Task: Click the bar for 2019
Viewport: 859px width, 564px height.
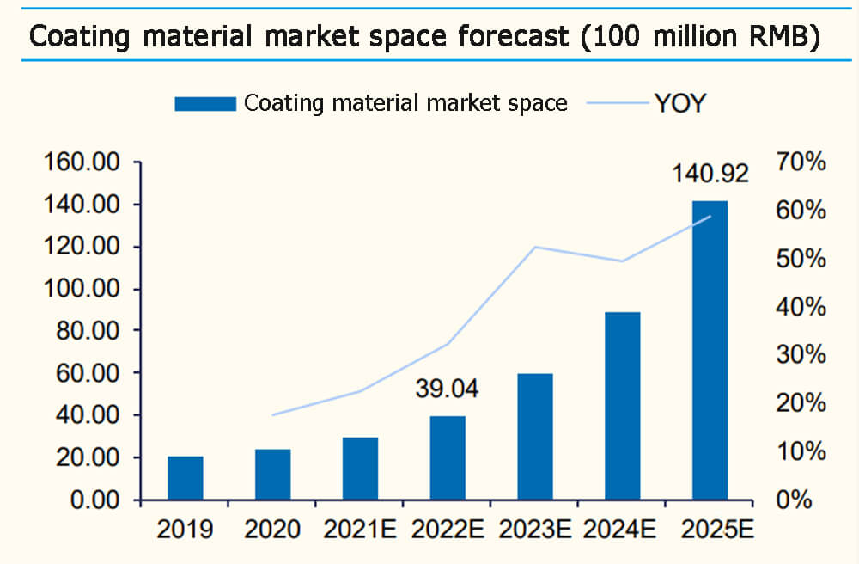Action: click(x=186, y=478)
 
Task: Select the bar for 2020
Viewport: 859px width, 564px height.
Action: click(x=272, y=475)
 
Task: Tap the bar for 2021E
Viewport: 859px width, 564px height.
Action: click(x=360, y=469)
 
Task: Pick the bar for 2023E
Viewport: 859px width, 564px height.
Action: click(x=534, y=437)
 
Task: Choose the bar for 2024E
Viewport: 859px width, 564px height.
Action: click(x=622, y=406)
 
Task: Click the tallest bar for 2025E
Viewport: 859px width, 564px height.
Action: click(x=710, y=350)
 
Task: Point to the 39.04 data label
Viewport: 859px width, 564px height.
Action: click(x=447, y=389)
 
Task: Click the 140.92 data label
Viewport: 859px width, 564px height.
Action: click(x=710, y=173)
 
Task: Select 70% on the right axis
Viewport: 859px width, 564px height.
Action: click(x=801, y=162)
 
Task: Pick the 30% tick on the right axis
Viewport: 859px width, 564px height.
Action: click(x=801, y=355)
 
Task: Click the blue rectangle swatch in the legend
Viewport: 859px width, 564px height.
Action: click(x=204, y=104)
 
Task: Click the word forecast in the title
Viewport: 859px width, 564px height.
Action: click(x=510, y=37)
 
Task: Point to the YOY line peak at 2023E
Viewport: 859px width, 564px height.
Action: click(x=534, y=247)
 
